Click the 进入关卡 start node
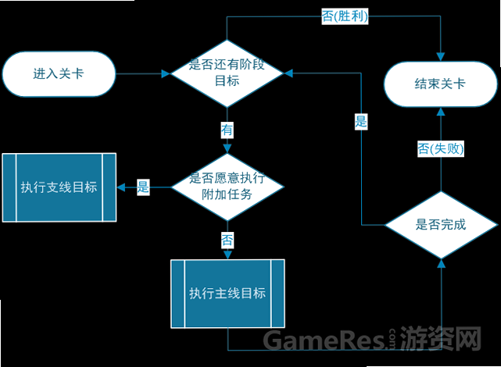coord(59,73)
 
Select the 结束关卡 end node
coord(440,84)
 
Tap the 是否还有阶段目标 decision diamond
coord(227,73)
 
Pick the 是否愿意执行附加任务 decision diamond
coord(227,187)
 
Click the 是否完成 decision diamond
coord(441,225)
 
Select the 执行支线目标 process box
coord(59,187)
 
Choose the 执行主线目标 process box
coord(227,294)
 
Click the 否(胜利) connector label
coord(345,16)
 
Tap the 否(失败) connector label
coord(441,148)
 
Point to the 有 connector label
coord(227,130)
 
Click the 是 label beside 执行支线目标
coord(143,187)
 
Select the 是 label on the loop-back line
coord(361,122)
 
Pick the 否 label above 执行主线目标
coord(227,241)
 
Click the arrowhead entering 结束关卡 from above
coord(441,56)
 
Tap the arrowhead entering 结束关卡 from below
coord(441,112)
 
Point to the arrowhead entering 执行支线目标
coord(121,187)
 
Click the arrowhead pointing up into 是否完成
coord(442,264)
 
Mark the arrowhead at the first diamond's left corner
coord(166,73)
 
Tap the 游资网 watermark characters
coord(441,338)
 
